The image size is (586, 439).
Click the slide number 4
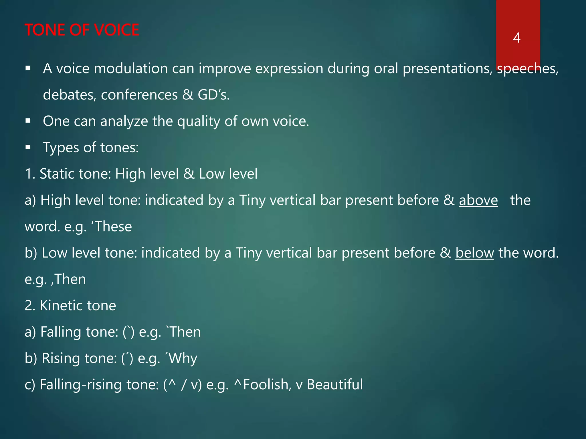pos(516,38)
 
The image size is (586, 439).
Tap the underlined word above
pos(478,200)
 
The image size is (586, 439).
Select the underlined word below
pos(474,253)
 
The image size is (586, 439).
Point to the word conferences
pos(139,95)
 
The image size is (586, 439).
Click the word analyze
pos(124,121)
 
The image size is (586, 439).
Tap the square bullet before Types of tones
pos(28,147)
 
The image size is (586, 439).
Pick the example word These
pos(113,227)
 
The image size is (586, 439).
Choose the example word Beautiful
pos(335,384)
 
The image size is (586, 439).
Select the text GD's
pos(213,95)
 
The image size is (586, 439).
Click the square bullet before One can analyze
pos(28,121)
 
